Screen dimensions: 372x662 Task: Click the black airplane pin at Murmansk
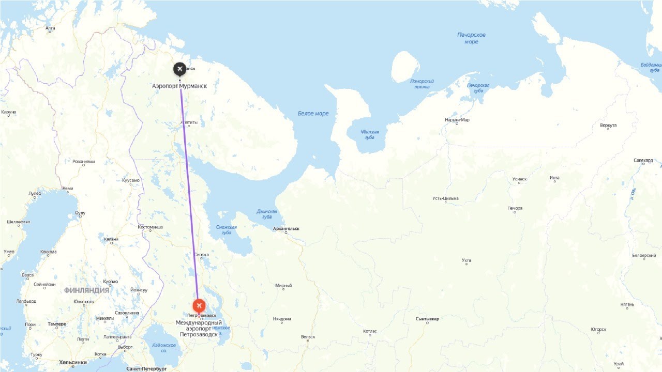click(179, 69)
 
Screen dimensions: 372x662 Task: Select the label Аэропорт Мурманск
click(179, 86)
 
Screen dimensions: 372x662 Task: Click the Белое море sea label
click(313, 114)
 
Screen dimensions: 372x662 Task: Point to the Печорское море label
click(471, 38)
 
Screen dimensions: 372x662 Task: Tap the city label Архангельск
click(287, 228)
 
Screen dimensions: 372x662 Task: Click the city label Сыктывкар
click(427, 319)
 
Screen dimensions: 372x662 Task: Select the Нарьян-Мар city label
click(457, 120)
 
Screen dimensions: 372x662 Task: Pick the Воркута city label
click(608, 126)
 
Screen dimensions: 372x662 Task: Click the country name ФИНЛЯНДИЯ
click(86, 290)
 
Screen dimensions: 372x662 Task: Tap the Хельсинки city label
click(72, 362)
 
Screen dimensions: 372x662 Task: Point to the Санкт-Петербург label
click(146, 369)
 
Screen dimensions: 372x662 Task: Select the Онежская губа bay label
click(227, 230)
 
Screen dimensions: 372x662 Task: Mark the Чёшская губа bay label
click(370, 135)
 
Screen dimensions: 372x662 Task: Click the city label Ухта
click(466, 260)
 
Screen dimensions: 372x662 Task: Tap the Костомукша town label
click(151, 227)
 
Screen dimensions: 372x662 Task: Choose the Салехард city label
click(643, 160)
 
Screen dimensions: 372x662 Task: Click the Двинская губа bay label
click(267, 214)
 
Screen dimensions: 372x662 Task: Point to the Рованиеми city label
click(84, 161)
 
